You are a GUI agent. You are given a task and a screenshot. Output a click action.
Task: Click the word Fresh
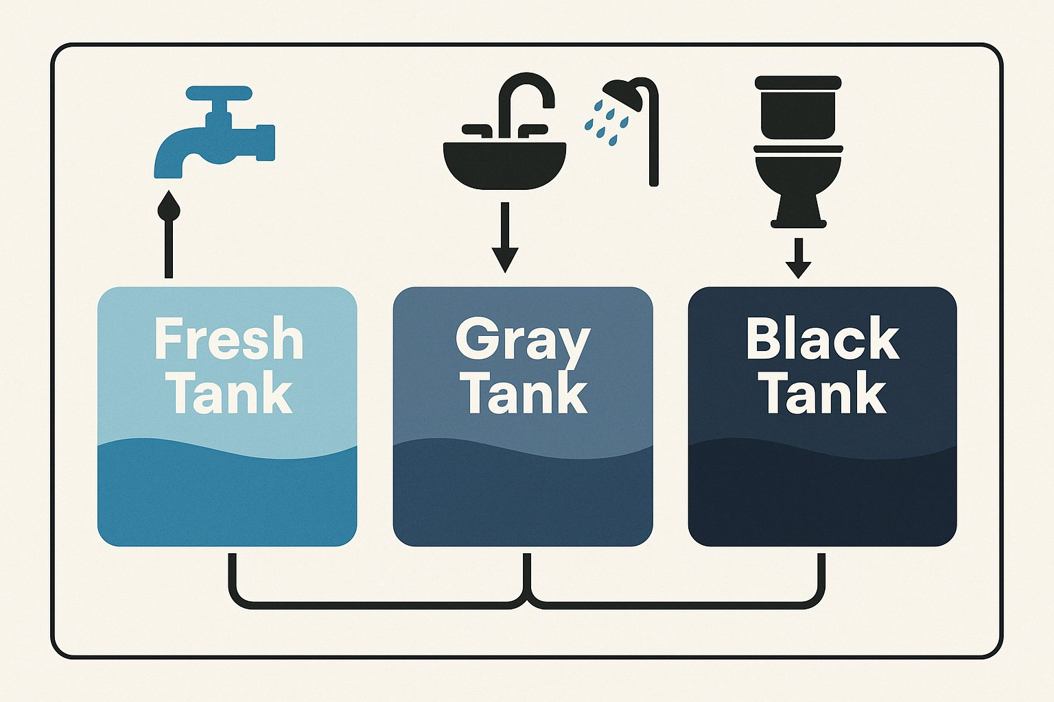229,338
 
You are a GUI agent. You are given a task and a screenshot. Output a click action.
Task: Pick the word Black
822,339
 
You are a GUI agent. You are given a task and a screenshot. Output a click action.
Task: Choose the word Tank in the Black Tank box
825,393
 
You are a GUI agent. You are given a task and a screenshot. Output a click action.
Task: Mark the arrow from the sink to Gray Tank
505,237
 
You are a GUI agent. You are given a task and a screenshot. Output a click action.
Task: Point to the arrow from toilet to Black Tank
797,257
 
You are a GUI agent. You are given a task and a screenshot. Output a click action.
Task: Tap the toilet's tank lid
798,82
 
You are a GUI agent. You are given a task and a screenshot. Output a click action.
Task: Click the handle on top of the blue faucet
219,93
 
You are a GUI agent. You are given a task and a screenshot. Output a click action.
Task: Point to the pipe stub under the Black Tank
821,569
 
